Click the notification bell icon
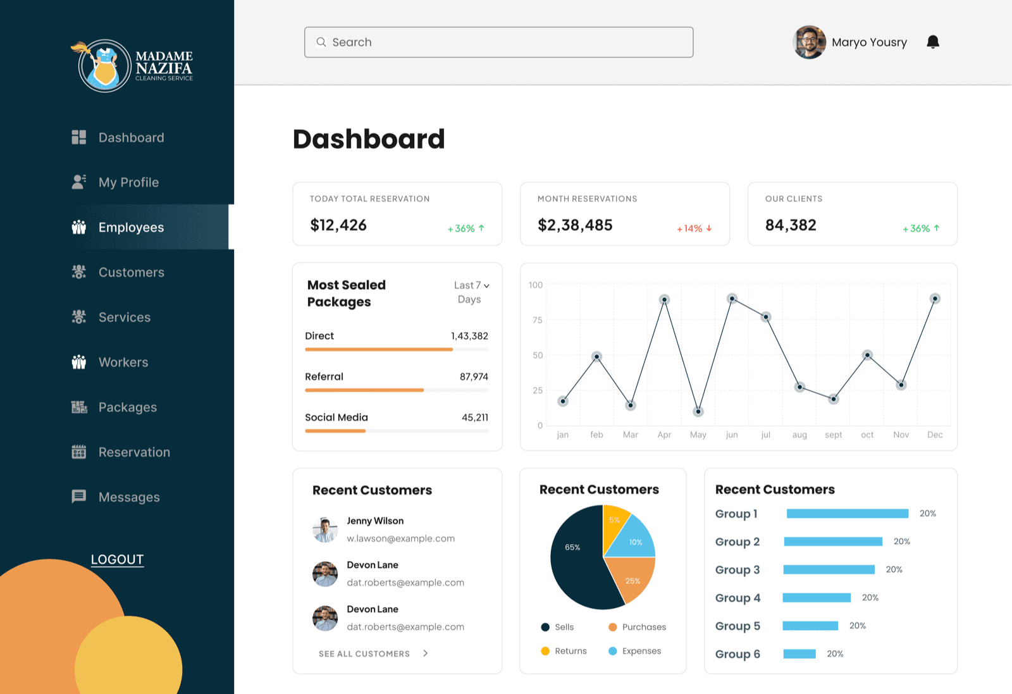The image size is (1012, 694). pos(932,42)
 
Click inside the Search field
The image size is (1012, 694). pos(499,42)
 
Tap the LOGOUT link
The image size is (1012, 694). pos(118,559)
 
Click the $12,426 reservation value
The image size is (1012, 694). pos(338,225)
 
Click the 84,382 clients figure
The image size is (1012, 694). pos(791,225)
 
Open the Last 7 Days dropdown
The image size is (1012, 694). pos(472,292)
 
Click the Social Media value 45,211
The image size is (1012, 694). pos(475,418)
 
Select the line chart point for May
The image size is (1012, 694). pos(698,412)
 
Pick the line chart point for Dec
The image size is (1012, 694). pos(935,299)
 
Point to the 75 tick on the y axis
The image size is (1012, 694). pos(537,320)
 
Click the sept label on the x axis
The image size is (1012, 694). pos(833,435)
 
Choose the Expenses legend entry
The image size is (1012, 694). pos(635,651)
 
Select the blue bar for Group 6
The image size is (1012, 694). pos(799,654)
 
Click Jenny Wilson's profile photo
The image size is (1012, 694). pos(325,530)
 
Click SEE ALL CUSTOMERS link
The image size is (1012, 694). pos(373,654)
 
